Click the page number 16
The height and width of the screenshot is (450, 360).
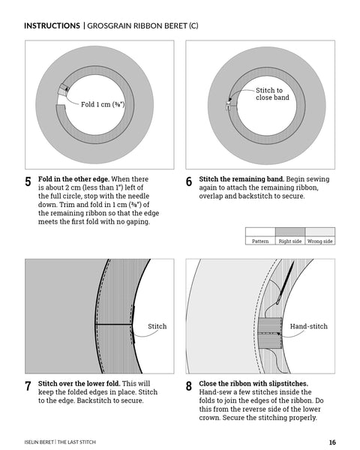(x=332, y=442)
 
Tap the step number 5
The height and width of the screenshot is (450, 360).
(x=28, y=181)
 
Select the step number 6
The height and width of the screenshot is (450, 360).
(x=188, y=181)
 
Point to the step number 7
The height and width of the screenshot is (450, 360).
(x=28, y=386)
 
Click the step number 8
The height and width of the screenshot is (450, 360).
(x=188, y=386)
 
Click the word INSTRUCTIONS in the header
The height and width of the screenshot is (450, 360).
(x=52, y=25)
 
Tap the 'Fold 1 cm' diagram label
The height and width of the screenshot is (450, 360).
(x=103, y=104)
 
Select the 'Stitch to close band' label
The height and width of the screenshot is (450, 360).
(x=272, y=94)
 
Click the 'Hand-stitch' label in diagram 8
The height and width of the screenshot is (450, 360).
(x=308, y=326)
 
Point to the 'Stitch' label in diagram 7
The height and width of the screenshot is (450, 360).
(x=157, y=326)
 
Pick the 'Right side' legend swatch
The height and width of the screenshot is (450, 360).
(x=290, y=232)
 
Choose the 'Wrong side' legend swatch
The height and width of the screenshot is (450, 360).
(x=319, y=232)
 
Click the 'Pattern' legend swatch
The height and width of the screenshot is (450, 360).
(x=260, y=232)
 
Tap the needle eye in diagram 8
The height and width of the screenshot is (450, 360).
(x=278, y=301)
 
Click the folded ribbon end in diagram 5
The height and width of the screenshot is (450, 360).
(x=64, y=89)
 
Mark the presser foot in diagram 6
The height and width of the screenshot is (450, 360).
(x=229, y=106)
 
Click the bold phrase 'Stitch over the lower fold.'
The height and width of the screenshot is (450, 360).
(x=79, y=384)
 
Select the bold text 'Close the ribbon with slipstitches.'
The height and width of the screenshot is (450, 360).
(x=253, y=384)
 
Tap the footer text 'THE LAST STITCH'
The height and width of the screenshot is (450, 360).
(x=76, y=442)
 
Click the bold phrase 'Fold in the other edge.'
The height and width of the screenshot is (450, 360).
(x=73, y=179)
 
